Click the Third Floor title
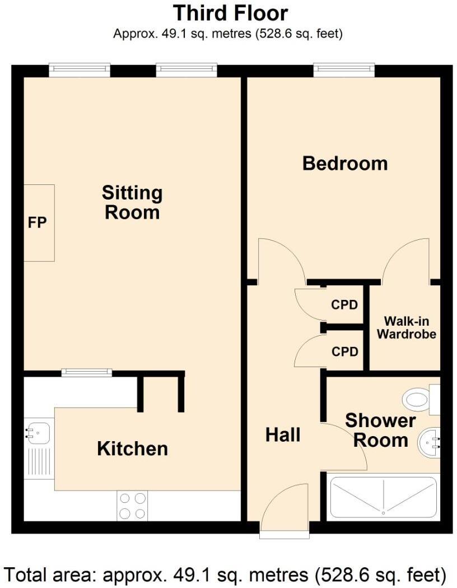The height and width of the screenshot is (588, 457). pyautogui.click(x=230, y=12)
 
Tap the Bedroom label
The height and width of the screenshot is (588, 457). pyautogui.click(x=344, y=164)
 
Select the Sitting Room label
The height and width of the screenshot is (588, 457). pyautogui.click(x=132, y=202)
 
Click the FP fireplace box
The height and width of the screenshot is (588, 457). pyautogui.click(x=39, y=223)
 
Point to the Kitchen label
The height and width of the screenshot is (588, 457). pyautogui.click(x=132, y=448)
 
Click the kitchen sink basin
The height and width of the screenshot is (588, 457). pyautogui.click(x=38, y=432)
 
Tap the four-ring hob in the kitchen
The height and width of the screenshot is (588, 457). pyautogui.click(x=132, y=506)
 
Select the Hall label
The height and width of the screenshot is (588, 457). pyautogui.click(x=283, y=435)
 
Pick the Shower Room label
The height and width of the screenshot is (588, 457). pyautogui.click(x=380, y=430)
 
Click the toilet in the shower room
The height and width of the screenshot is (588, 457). pyautogui.click(x=420, y=399)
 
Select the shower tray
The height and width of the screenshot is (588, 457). pyautogui.click(x=384, y=498)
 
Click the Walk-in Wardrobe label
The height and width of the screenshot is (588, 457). pyautogui.click(x=406, y=328)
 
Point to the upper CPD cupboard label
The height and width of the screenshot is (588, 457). pyautogui.click(x=344, y=305)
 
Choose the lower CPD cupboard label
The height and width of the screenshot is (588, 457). pyautogui.click(x=344, y=351)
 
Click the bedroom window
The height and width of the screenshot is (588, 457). pyautogui.click(x=344, y=70)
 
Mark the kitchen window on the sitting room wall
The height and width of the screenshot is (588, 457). pyautogui.click(x=86, y=372)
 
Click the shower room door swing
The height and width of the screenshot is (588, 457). pyautogui.click(x=344, y=446)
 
